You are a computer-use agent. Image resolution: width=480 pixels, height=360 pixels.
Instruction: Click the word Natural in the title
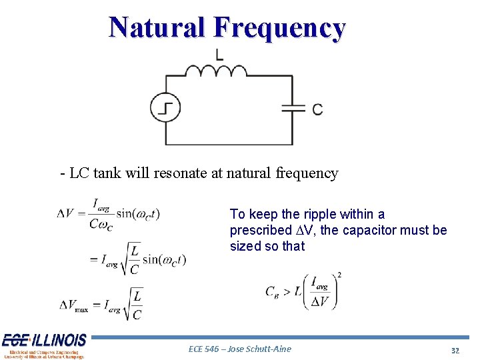[157, 28]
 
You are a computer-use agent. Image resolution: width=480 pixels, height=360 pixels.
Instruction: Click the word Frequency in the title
[279, 28]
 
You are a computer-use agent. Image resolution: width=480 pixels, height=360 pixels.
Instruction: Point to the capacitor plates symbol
[293, 109]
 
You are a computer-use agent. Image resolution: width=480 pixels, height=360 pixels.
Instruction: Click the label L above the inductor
[219, 54]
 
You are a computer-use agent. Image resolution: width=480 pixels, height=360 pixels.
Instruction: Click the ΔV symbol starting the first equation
[65, 213]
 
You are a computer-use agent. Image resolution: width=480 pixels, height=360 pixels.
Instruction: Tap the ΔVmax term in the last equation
[73, 305]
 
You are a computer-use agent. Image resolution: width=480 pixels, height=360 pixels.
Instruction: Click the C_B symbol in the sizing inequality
[272, 291]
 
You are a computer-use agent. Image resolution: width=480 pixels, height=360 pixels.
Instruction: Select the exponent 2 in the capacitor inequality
[339, 274]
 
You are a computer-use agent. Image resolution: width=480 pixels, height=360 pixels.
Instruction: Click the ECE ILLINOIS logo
[44, 345]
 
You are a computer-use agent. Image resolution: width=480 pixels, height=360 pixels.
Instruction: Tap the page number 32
[456, 351]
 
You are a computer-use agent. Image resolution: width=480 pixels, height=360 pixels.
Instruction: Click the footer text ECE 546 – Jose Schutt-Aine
[240, 349]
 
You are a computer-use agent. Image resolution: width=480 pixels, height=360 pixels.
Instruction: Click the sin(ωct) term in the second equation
[164, 259]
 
